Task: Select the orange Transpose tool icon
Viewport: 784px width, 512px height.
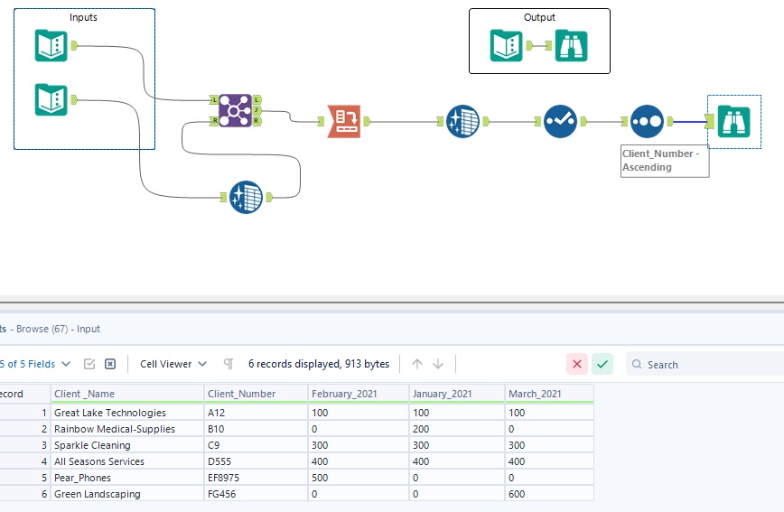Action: click(x=344, y=120)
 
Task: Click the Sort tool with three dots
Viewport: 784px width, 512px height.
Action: click(x=647, y=120)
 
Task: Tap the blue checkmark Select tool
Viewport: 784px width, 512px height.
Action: click(x=560, y=120)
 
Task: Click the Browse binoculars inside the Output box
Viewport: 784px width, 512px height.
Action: click(x=572, y=45)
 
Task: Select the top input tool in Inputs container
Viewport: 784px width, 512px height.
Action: click(x=51, y=45)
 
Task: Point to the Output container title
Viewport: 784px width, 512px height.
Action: click(x=539, y=17)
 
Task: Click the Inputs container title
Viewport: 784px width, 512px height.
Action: click(x=83, y=17)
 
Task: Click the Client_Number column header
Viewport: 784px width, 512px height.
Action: click(x=241, y=394)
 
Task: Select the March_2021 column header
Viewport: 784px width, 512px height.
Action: click(x=537, y=394)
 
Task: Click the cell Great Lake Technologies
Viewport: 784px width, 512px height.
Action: click(x=110, y=413)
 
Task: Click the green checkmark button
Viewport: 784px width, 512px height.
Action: click(x=602, y=364)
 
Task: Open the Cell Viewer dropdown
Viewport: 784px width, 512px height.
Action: click(x=173, y=364)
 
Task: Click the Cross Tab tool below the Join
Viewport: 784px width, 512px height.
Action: click(x=246, y=197)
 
